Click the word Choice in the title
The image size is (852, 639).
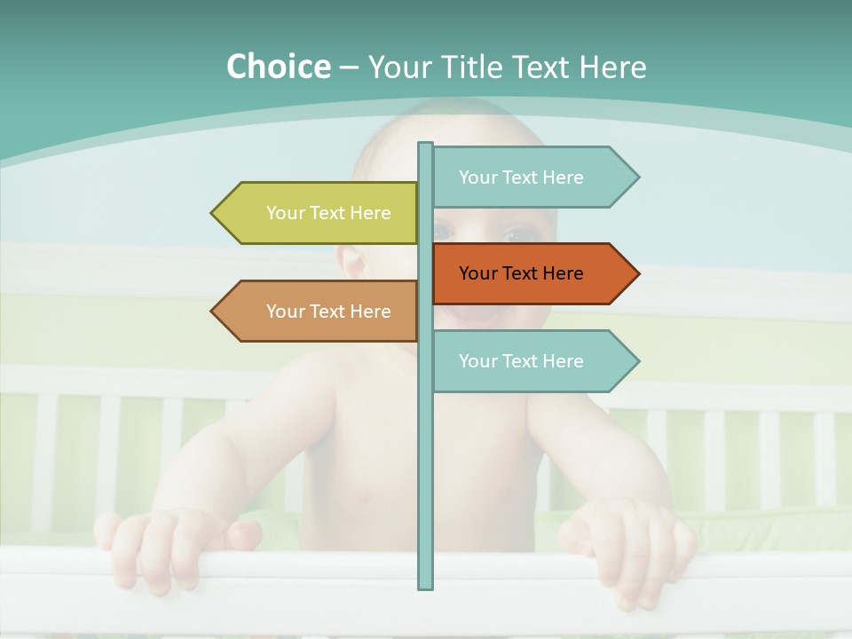coord(278,67)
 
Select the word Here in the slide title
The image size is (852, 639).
coord(612,67)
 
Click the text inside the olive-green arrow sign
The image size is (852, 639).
coord(328,213)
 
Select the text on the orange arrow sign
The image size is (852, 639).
coord(521,273)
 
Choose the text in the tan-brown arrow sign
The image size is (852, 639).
coord(328,312)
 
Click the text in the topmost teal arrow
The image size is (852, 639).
coord(521,177)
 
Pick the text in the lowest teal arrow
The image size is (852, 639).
coord(521,361)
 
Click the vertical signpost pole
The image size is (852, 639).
coord(425,461)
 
